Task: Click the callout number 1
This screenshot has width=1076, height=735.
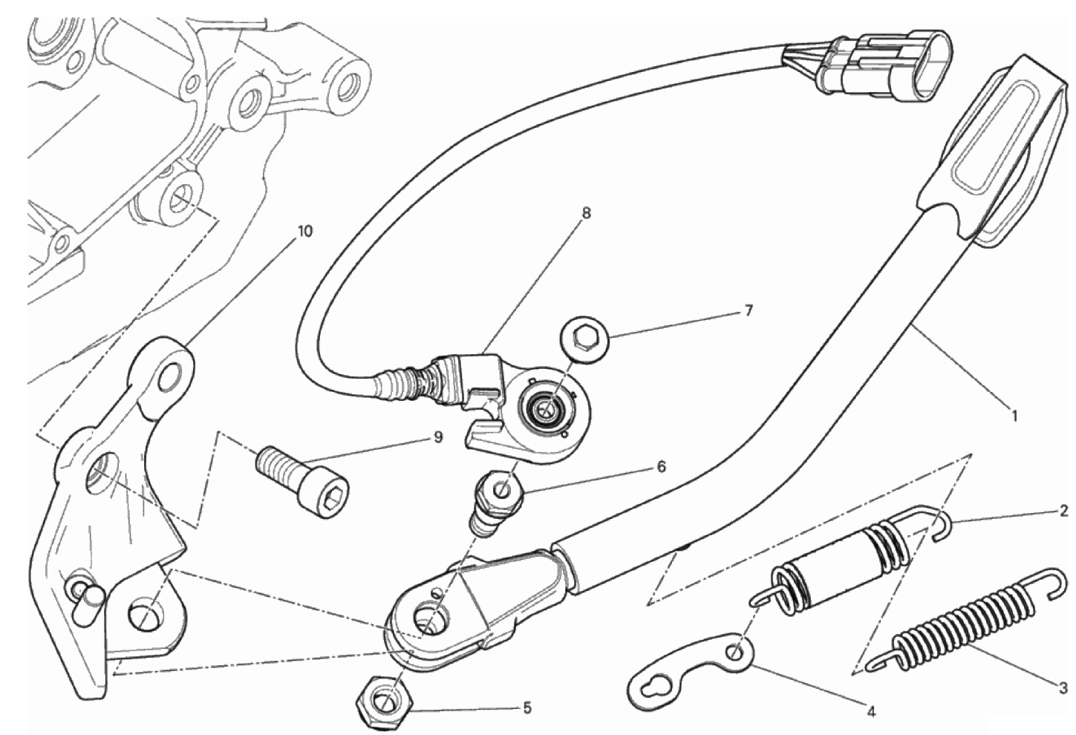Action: coord(1014,416)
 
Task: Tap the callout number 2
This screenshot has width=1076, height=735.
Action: coord(1063,510)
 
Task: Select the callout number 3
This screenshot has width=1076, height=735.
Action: coord(1063,688)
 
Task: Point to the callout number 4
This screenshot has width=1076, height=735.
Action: coord(870,712)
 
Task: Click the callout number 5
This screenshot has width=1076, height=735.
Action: coord(527,708)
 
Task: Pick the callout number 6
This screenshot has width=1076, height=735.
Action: coord(661,466)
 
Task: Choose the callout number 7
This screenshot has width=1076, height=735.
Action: coord(748,311)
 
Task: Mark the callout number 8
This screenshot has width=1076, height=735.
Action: coord(586,213)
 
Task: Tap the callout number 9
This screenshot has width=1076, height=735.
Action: coord(437,438)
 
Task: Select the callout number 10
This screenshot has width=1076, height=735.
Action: coord(304,231)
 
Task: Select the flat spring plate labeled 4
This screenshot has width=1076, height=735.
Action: coord(691,668)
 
